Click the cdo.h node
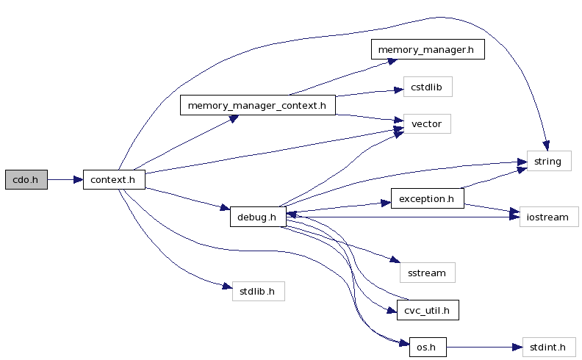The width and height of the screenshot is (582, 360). pos(26,180)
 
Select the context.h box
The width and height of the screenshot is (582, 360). pos(114,180)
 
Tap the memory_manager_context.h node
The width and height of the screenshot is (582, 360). pos(257,105)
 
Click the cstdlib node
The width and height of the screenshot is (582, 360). pos(427,87)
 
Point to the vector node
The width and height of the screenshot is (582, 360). pos(426,123)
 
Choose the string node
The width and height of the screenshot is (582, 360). pos(548,162)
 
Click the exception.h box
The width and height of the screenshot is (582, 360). pos(427,198)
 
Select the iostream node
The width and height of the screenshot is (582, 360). pos(548,217)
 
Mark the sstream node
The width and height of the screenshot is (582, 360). pos(427,273)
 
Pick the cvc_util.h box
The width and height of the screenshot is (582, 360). pos(427,311)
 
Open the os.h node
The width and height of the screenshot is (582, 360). pos(427,346)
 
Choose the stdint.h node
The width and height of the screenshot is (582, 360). pos(548,346)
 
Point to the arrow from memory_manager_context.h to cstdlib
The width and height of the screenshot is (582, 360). pos(367,93)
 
